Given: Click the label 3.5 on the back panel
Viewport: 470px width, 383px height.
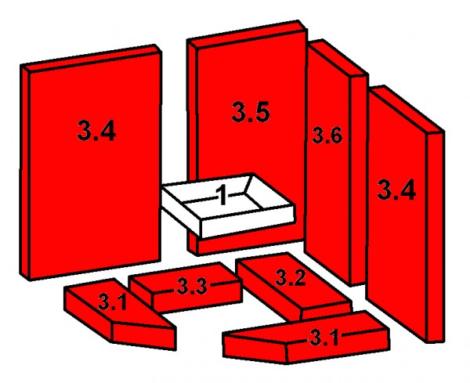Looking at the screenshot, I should pyautogui.click(x=251, y=113).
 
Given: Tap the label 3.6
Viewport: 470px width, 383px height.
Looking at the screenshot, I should pyautogui.click(x=327, y=135).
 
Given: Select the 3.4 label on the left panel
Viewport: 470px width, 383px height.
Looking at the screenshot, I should pyautogui.click(x=97, y=131).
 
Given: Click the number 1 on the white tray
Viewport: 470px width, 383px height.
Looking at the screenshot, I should pyautogui.click(x=222, y=195).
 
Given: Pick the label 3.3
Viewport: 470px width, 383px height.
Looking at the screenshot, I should pyautogui.click(x=191, y=287).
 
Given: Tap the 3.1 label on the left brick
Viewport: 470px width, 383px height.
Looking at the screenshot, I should pyautogui.click(x=113, y=301).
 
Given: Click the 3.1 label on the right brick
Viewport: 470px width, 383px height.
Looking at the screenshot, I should pyautogui.click(x=323, y=338).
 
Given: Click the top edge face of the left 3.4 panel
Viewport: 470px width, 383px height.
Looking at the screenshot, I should pyautogui.click(x=92, y=56).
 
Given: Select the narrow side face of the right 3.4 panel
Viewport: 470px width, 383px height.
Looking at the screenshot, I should pyautogui.click(x=436, y=235).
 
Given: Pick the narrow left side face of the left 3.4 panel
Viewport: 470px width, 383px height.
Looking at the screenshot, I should pyautogui.click(x=27, y=172).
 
